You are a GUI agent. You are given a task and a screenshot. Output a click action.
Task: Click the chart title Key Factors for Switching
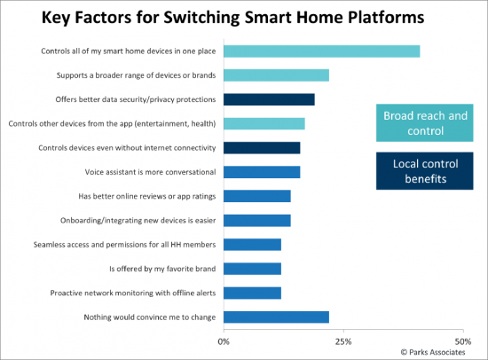[140, 18]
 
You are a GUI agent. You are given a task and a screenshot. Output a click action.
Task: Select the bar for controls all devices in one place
[321, 51]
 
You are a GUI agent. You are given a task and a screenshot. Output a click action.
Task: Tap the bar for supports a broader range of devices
[276, 75]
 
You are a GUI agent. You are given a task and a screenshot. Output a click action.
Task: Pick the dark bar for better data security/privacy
[269, 99]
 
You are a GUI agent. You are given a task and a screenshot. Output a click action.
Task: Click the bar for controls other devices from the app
[264, 124]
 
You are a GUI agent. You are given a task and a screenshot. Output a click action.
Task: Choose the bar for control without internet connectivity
[262, 148]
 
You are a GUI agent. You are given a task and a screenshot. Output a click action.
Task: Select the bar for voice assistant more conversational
[262, 172]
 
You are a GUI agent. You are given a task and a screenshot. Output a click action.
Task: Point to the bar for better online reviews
[257, 196]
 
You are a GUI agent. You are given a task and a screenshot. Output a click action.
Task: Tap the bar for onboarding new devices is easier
[257, 221]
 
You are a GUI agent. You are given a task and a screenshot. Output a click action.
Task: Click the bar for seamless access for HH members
[252, 245]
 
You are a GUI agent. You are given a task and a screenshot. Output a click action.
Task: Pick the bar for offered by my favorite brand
[252, 269]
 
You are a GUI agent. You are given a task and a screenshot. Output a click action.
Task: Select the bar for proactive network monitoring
[252, 293]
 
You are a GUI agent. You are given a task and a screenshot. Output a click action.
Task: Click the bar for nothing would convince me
[276, 317]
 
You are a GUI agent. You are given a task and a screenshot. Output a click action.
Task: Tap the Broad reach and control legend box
[425, 123]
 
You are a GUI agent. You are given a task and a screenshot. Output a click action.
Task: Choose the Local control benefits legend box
[425, 171]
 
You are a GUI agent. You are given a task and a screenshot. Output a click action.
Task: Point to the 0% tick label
[224, 341]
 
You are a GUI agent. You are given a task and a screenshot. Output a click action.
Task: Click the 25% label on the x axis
[343, 341]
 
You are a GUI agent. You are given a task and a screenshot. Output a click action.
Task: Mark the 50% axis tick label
[463, 341]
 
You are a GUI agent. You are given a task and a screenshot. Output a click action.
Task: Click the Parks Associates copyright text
[433, 352]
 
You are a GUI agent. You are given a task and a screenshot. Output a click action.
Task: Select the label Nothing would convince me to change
[150, 317]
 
